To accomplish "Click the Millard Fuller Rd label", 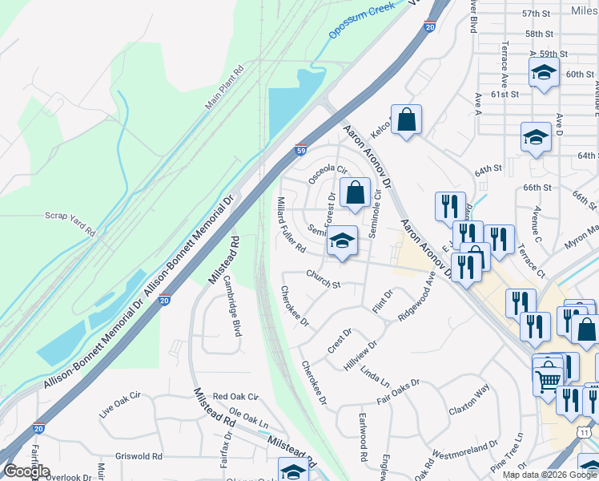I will click(x=291, y=224).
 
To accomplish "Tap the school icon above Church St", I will click(x=342, y=240).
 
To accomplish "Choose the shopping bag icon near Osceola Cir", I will click(x=354, y=192).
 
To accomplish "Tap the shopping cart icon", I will click(x=549, y=376).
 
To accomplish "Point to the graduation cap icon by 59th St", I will click(x=544, y=72).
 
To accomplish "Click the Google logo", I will click(x=26, y=471).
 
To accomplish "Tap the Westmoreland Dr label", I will click(x=457, y=447).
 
